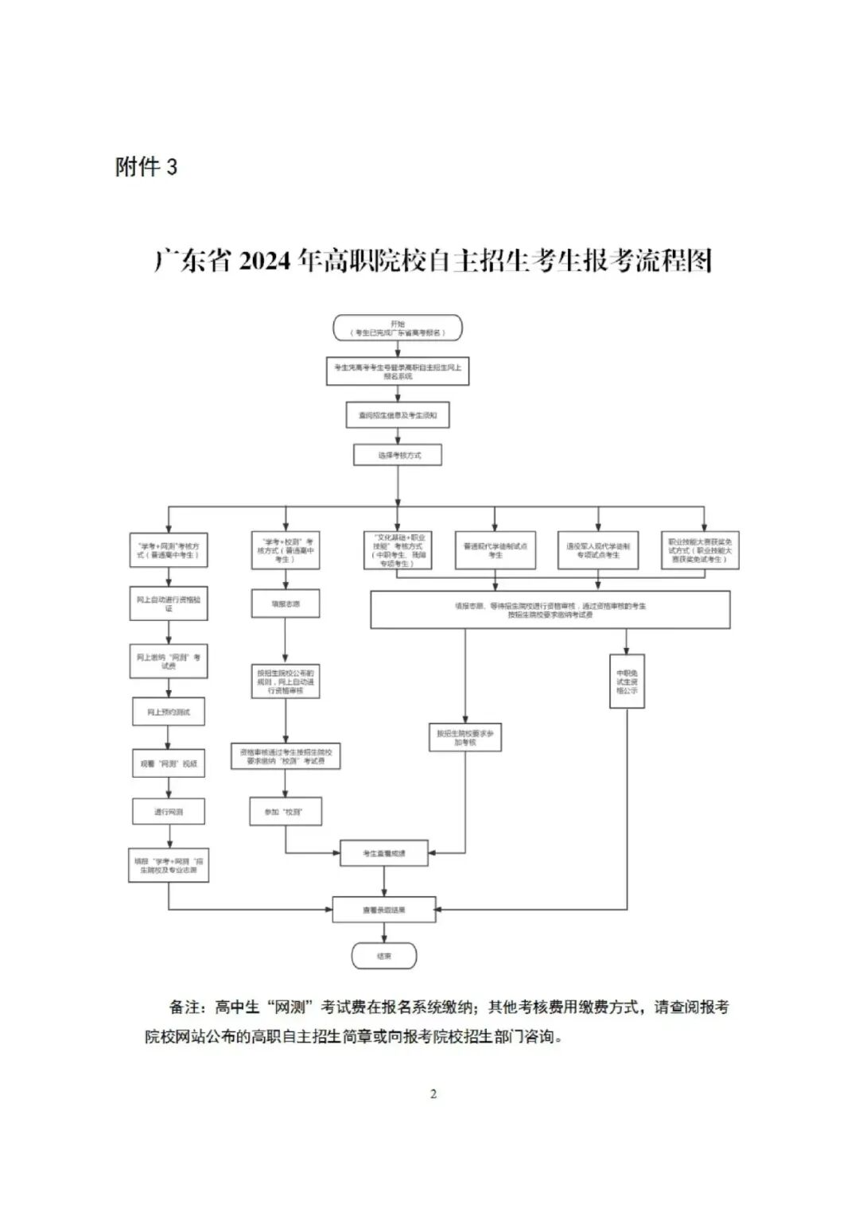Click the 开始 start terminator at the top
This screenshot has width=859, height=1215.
[398, 328]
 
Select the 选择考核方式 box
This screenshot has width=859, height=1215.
[398, 455]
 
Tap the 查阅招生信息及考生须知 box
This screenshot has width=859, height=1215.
[398, 415]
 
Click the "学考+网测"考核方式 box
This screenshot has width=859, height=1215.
[169, 550]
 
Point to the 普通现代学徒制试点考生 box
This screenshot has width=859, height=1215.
[495, 550]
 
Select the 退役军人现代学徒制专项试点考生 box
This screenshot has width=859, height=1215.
[598, 550]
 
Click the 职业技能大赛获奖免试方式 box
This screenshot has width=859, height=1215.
[700, 550]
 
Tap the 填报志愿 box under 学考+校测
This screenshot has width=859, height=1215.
[285, 604]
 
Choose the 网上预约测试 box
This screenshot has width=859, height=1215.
[169, 712]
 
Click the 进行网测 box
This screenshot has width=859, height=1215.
[169, 812]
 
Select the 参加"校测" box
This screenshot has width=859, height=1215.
[285, 812]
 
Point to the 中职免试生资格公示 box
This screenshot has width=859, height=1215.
[627, 681]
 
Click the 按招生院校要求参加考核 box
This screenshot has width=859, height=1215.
[464, 737]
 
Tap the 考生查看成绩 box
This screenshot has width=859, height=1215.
[384, 853]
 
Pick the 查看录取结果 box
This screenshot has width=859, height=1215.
[384, 910]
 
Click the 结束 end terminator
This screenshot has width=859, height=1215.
[384, 956]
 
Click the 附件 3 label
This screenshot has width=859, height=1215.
[146, 167]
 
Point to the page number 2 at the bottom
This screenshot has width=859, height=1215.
[433, 1094]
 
